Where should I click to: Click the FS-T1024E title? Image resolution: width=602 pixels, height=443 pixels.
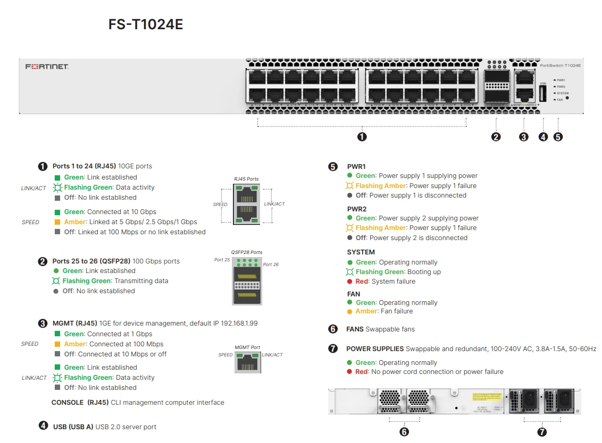coord(145,24)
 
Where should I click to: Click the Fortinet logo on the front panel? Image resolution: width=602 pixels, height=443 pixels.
coord(47,67)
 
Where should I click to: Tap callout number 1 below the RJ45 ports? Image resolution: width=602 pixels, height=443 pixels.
coord(362,137)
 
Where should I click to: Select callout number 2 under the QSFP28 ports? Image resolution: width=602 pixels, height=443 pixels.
coord(496,137)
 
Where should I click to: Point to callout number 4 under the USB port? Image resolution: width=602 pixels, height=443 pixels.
coord(543,137)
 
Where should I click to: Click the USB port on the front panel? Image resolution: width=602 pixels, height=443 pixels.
coord(542,94)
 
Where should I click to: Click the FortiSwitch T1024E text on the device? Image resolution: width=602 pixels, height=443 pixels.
coord(560,65)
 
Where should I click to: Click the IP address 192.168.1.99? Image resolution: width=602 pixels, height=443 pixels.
coord(240,323)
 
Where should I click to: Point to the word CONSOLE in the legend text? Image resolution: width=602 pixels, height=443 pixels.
coord(68,403)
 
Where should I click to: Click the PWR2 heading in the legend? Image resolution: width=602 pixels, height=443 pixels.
coord(357,209)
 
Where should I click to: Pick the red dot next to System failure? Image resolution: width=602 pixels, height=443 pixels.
coord(349,282)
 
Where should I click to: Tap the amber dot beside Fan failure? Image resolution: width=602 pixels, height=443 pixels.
coord(349,311)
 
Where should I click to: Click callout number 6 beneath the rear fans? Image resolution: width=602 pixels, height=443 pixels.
coord(404,432)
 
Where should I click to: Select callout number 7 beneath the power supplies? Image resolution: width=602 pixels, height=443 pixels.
coord(542,432)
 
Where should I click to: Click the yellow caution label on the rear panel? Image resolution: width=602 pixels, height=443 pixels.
coord(487,397)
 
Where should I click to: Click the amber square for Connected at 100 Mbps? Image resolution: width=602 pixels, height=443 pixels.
coord(57,344)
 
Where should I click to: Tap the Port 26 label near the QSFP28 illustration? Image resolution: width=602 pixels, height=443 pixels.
coord(271,265)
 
